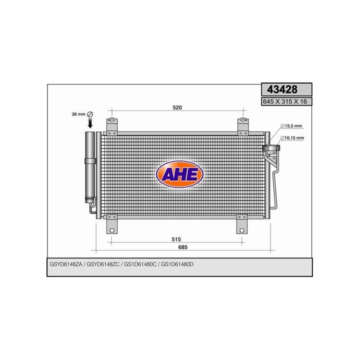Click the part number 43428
pyautogui.click(x=282, y=90)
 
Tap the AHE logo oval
pyautogui.click(x=179, y=173)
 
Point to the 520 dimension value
pyautogui.click(x=177, y=108)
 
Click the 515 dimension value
pyautogui.click(x=176, y=239)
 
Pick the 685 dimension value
pyautogui.click(x=184, y=247)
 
